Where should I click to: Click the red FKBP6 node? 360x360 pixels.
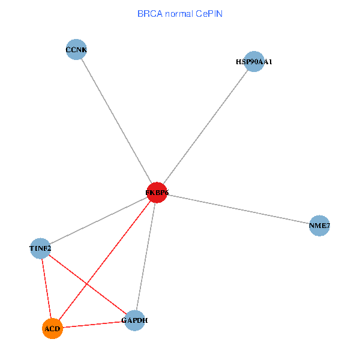tap(157, 193)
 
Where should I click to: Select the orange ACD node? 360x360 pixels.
tap(53, 329)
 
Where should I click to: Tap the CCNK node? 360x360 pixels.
tap(76, 50)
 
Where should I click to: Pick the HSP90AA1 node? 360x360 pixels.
tap(254, 61)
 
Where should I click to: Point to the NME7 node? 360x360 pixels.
tap(319, 226)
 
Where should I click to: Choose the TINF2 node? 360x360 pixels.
tap(40, 248)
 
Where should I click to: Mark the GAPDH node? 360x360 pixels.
tap(134, 320)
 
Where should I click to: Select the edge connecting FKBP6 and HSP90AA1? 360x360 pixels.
tap(205, 127)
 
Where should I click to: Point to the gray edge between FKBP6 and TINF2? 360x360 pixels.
tap(98, 220)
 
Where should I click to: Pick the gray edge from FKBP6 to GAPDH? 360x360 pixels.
tap(146, 256)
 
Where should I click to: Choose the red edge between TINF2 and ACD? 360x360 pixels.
tap(46, 288)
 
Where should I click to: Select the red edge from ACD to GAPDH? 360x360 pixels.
tap(94, 325)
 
